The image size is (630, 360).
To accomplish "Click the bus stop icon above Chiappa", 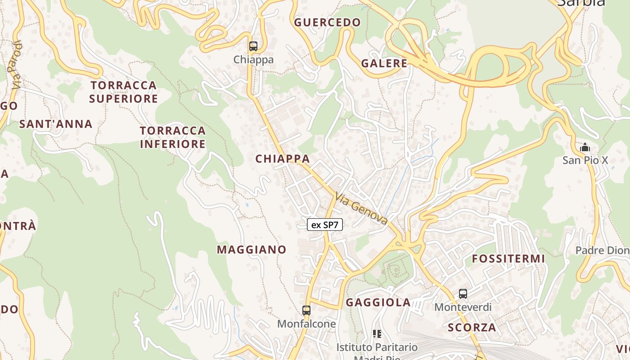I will pos(253,46).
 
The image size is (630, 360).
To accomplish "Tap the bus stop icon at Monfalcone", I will pos(306,310).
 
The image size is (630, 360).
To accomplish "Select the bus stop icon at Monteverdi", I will pos(463,294).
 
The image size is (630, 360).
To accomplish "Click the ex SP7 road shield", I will pos(325,225).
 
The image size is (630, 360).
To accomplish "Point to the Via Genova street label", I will pos(361,208).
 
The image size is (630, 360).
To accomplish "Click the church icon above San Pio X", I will pos(585,147).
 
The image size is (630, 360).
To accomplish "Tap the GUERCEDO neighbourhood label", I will pos(328,22).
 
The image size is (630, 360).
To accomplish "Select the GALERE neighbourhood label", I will pos(384,63).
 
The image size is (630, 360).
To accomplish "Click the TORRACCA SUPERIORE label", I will pos(123,92).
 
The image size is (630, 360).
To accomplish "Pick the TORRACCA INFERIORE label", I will pos(173,137).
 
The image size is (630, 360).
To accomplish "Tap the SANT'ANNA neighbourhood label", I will pos(56,124).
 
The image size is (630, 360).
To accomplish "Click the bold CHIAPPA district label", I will pos(283,158).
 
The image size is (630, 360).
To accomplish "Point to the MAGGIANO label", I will pos(252,249).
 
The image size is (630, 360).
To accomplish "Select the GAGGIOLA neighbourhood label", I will pos(378,302).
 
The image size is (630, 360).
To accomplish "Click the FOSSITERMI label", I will pos(508,259).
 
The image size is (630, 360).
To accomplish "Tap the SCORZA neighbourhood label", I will pos(472,327).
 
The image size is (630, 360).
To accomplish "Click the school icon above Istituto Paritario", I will pos(377,334).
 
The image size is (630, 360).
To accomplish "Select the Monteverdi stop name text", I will pos(463,307).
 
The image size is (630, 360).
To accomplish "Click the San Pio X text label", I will pos(585,160).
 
